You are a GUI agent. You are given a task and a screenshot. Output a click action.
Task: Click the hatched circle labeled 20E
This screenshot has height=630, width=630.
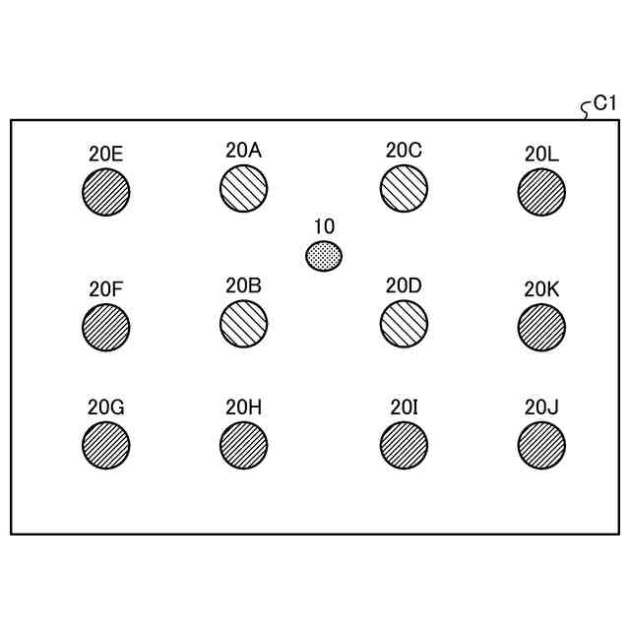(106, 191)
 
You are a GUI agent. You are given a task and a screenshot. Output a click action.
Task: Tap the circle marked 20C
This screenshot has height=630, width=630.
(404, 188)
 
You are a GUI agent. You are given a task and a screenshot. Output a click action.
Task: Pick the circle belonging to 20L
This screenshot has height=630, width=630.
(541, 191)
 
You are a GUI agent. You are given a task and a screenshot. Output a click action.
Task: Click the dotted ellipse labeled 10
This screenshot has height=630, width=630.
(324, 257)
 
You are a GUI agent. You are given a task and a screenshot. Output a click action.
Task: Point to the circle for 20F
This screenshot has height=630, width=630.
(106, 326)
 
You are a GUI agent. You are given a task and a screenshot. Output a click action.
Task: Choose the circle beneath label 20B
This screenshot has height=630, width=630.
(243, 323)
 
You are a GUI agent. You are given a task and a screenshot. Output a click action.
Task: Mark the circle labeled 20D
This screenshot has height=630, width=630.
(404, 323)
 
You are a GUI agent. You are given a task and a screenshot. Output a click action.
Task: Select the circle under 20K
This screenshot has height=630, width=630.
(541, 326)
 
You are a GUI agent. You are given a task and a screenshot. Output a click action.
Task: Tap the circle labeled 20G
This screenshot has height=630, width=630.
(106, 445)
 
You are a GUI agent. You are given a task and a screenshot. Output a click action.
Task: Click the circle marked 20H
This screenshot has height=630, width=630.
(243, 445)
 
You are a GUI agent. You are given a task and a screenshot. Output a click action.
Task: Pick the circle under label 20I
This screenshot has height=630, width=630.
(404, 445)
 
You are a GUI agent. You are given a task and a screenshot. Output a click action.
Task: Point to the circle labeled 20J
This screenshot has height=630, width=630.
(541, 445)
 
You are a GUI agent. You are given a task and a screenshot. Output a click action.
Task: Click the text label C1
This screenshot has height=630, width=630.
(604, 102)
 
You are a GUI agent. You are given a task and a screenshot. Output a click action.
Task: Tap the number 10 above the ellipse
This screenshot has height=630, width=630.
(324, 226)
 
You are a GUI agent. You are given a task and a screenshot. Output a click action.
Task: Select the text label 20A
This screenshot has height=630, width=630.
(243, 150)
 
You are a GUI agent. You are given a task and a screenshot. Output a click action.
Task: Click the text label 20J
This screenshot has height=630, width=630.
(541, 407)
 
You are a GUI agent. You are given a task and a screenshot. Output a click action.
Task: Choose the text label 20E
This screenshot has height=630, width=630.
(105, 153)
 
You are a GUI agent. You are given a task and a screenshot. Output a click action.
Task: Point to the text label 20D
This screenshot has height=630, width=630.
(404, 285)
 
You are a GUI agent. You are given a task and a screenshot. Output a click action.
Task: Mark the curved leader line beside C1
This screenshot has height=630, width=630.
(587, 109)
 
